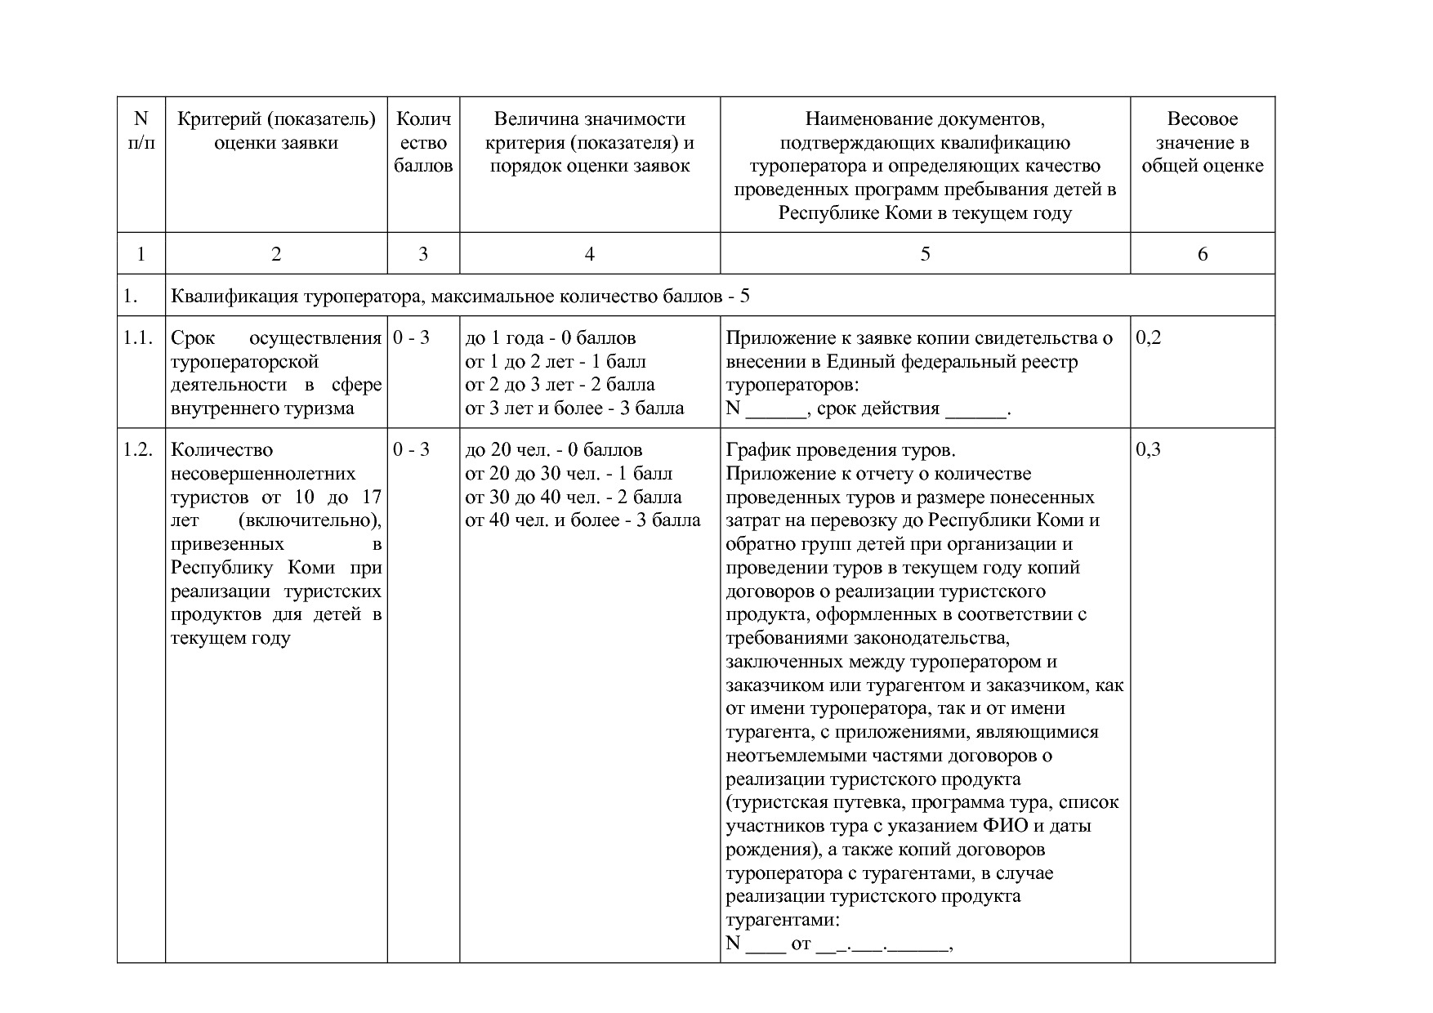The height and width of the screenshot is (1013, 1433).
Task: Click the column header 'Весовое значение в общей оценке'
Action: (x=1202, y=143)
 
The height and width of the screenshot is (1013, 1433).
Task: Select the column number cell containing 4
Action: (x=589, y=254)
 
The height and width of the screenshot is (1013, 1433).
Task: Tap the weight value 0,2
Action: (x=1148, y=338)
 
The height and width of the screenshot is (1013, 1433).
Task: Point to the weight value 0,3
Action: (x=1148, y=450)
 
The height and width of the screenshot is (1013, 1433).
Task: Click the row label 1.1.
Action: (x=139, y=338)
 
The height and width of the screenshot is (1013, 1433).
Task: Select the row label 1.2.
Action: (x=139, y=450)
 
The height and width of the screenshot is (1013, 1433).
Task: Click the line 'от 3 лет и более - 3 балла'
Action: (x=574, y=408)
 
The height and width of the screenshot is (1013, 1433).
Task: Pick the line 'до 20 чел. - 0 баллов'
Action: (x=553, y=450)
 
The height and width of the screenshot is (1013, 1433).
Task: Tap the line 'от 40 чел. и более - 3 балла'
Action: (x=583, y=520)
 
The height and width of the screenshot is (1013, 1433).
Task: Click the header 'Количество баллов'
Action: (x=422, y=143)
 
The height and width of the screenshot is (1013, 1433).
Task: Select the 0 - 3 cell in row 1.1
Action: (x=411, y=338)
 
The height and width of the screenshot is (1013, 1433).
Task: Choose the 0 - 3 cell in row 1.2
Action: (x=411, y=450)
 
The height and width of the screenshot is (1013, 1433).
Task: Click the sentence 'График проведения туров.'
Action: (x=840, y=450)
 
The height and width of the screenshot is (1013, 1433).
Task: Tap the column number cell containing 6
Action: (x=1202, y=254)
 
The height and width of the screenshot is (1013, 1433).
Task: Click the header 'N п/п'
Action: (x=141, y=131)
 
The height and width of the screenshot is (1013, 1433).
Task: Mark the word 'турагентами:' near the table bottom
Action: (x=782, y=920)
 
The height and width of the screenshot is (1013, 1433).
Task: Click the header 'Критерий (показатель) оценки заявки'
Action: (x=276, y=131)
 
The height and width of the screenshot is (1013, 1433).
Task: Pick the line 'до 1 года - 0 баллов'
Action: (x=550, y=338)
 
